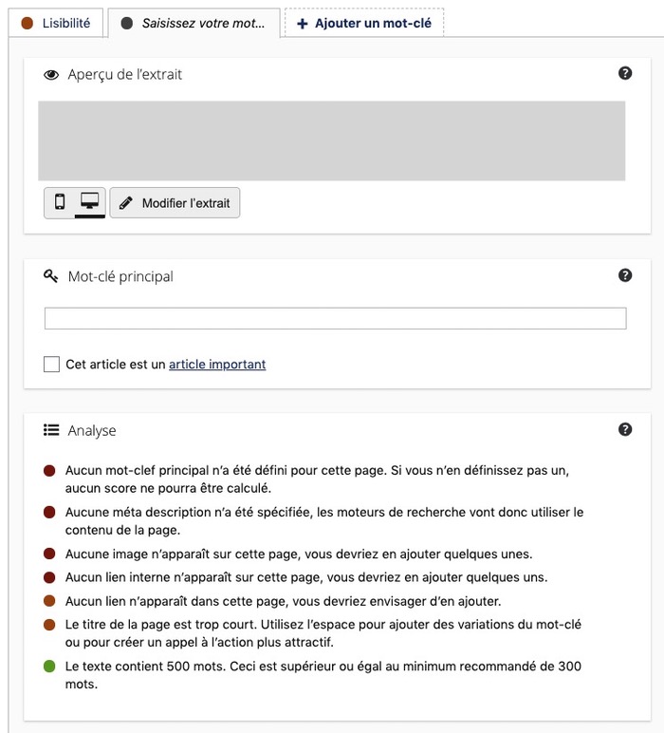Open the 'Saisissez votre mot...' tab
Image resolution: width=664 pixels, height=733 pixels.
pos(194,23)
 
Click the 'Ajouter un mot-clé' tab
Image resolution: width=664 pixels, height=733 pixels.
pos(364,23)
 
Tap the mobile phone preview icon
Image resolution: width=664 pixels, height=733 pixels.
pos(60,202)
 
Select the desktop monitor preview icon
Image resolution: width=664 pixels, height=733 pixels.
pos(89,201)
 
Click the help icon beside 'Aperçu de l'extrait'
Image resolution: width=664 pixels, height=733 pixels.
pos(625,73)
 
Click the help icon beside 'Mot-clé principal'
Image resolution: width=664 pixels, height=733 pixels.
pos(625,275)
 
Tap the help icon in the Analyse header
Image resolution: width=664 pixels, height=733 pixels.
pos(625,429)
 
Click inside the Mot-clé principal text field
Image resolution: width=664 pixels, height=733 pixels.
pos(335,318)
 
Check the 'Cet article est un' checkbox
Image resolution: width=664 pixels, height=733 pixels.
pos(51,364)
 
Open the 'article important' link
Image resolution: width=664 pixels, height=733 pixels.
pos(217,364)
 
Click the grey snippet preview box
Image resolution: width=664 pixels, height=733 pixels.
pos(331,141)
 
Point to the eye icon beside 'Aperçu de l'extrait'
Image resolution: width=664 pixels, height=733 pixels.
pos(51,74)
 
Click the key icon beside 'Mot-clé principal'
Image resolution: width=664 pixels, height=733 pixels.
pos(51,276)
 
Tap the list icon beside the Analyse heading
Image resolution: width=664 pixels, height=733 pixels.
pos(51,430)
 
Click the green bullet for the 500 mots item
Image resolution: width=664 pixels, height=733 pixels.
pos(49,667)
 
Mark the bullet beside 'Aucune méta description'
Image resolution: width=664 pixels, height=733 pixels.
pos(49,512)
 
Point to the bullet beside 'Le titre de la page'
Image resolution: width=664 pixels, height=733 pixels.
pos(49,625)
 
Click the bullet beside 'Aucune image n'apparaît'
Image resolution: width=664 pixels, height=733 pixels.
pos(49,554)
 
